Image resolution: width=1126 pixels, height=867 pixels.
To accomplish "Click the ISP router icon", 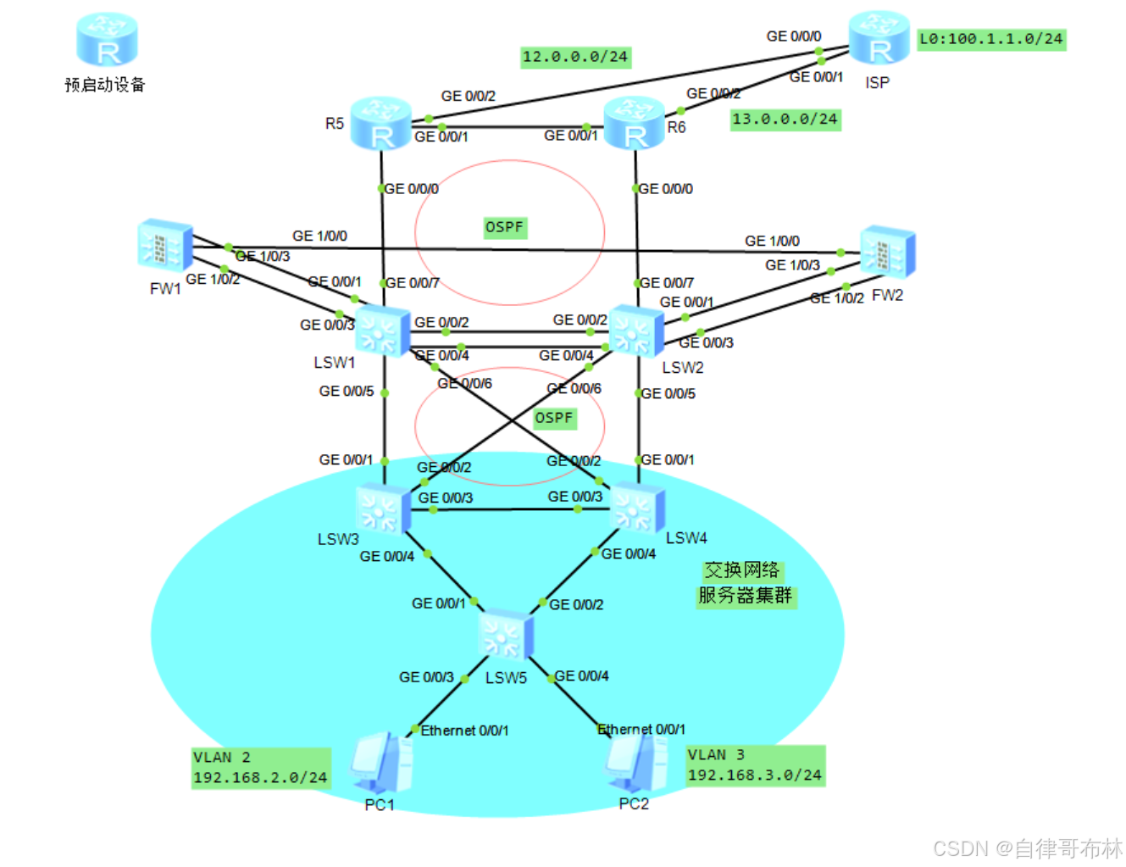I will [879, 38].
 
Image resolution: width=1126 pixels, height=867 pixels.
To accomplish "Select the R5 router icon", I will [381, 123].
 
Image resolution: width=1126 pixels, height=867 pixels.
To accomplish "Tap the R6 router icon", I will [635, 123].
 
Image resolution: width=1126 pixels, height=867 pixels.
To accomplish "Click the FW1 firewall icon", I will [165, 246].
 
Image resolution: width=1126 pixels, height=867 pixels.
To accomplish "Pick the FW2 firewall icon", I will [887, 252].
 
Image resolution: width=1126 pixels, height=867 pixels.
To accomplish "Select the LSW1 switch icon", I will [382, 330].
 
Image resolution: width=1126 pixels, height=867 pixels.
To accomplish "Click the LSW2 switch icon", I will [636, 331].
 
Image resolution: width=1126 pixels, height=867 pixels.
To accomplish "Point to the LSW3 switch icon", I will [384, 508].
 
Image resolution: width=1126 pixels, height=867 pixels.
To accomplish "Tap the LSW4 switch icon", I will [637, 507].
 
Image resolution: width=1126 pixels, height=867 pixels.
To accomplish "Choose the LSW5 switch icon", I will [506, 634].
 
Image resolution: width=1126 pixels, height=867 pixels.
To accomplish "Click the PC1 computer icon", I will [381, 763].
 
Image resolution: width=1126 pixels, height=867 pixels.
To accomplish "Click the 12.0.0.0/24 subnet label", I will [575, 57].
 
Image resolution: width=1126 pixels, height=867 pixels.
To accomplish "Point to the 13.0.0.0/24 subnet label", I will [785, 119].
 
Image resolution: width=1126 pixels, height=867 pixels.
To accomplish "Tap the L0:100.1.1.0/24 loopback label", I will [991, 39].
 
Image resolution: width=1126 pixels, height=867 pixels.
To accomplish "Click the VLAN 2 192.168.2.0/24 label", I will [260, 768].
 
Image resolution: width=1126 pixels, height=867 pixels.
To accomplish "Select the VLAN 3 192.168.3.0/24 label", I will [755, 765].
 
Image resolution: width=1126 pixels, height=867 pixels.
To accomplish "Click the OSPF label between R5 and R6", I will [504, 227].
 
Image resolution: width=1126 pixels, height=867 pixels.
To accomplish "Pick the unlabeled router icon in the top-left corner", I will [107, 40].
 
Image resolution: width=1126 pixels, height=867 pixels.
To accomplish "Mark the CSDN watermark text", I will [1027, 848].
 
